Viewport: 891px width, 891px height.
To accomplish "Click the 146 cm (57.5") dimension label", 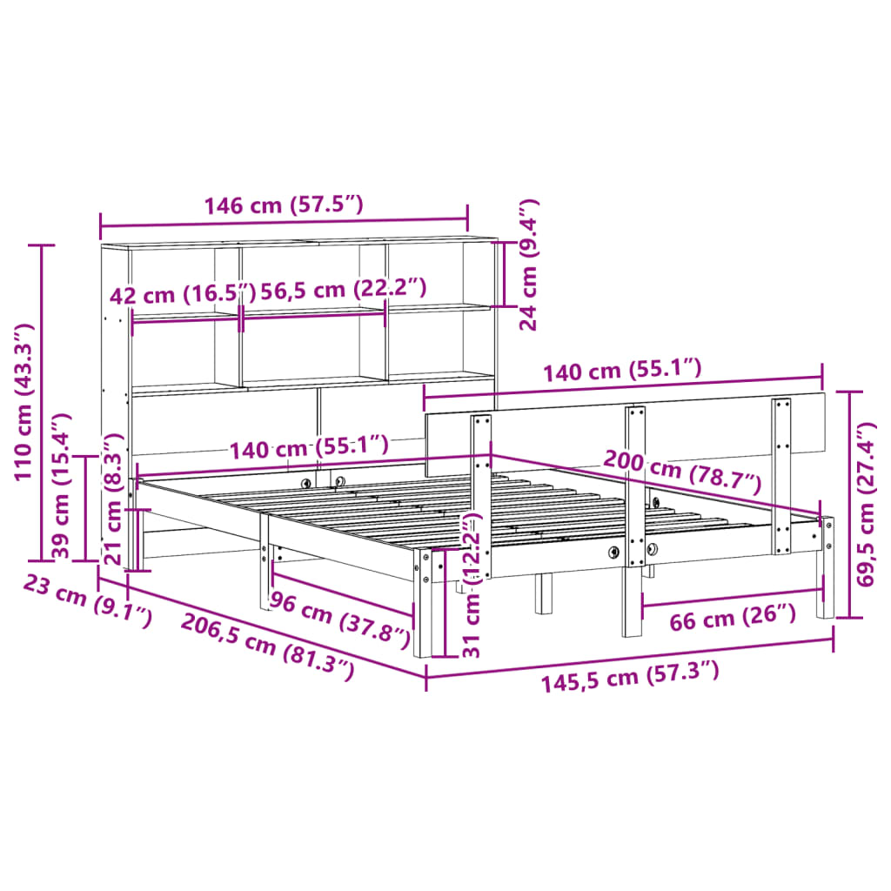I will click(x=283, y=205).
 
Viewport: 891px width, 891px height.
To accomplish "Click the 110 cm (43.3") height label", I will click(x=23, y=401).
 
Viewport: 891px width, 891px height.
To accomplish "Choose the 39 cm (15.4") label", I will click(x=60, y=486).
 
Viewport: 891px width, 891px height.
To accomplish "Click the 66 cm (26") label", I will click(x=732, y=620).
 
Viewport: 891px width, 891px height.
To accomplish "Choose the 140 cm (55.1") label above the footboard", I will click(x=622, y=372).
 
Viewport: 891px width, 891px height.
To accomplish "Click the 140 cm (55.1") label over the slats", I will click(x=309, y=447).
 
